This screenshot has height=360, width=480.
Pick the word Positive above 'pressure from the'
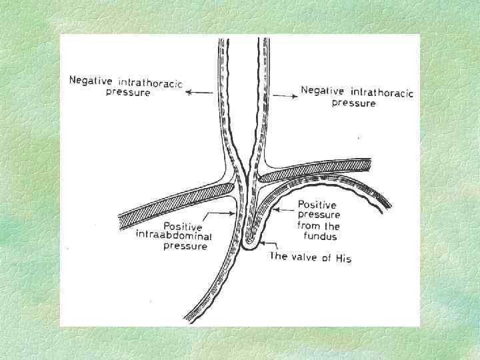(316, 205)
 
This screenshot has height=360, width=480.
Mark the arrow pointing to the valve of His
(265, 244)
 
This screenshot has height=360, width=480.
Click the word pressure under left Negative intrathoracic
(128, 93)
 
